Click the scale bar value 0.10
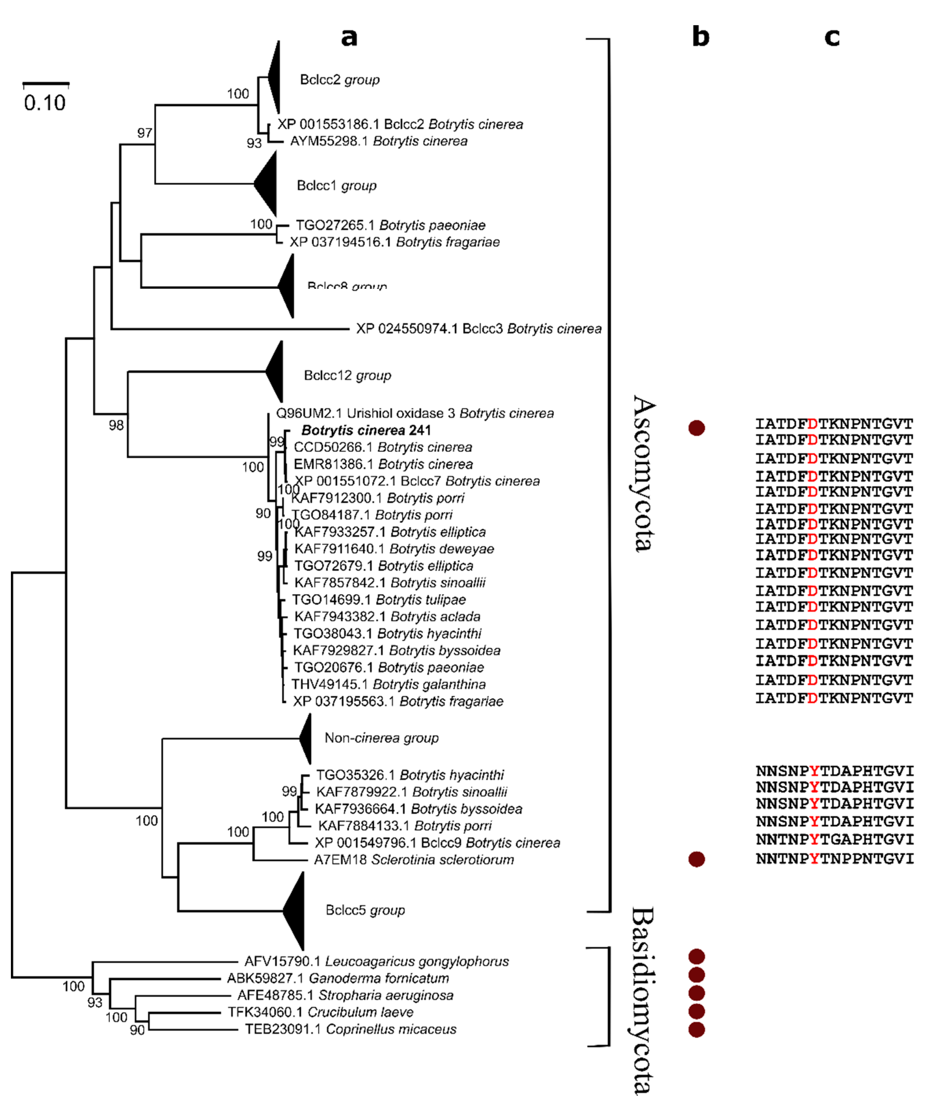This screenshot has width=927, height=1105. tap(45, 103)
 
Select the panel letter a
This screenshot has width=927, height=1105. tap(349, 37)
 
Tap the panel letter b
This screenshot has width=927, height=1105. tap(700, 37)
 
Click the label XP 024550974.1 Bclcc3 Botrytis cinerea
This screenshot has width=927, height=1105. tap(478, 329)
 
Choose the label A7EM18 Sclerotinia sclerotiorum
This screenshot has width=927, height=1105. tap(414, 860)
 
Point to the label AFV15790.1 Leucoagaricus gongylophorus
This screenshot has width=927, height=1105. tap(376, 961)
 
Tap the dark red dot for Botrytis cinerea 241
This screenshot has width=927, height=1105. tap(697, 428)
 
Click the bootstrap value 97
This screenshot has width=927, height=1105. tap(145, 133)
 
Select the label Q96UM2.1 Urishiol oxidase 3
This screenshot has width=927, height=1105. tap(415, 414)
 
